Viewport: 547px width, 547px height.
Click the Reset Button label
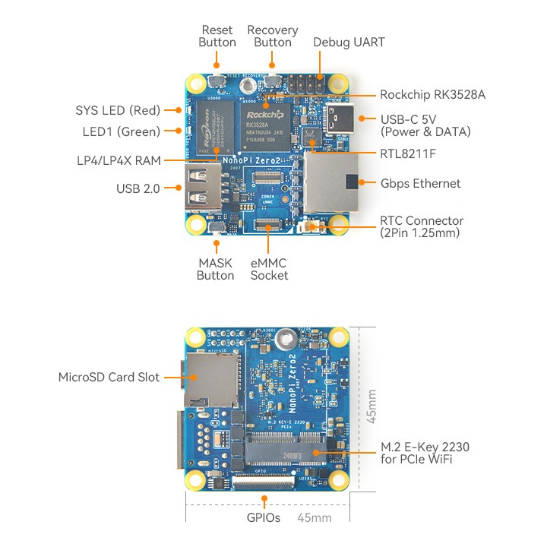(x=217, y=36)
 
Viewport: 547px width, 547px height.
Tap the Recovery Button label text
(x=273, y=36)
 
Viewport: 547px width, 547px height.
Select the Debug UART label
(x=349, y=43)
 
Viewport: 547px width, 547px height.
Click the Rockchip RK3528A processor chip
(x=267, y=125)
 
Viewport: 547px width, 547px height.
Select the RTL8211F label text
(x=409, y=153)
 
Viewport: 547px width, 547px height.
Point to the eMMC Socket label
(x=270, y=269)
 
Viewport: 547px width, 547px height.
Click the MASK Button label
(x=216, y=269)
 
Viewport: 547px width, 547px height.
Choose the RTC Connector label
(x=422, y=226)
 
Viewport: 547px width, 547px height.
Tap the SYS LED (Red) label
(x=118, y=109)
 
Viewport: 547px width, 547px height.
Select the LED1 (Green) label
(x=122, y=131)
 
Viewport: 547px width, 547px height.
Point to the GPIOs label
(x=264, y=518)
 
